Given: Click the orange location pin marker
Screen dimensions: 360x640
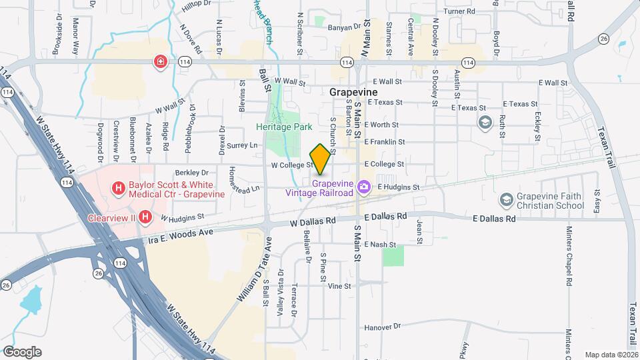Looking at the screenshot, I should click(x=321, y=159).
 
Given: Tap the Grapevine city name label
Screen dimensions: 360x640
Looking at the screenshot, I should click(x=353, y=92).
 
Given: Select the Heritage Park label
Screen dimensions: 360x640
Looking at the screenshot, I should click(x=284, y=126).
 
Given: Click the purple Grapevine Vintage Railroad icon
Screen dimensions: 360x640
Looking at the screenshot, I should click(x=364, y=188).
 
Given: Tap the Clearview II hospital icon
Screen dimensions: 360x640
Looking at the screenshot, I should click(x=144, y=217).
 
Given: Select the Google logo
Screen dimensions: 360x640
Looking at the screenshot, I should click(x=22, y=351).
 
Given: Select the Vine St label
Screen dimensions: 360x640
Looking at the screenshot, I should click(x=339, y=286).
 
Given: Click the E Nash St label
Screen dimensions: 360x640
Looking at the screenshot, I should click(x=380, y=245).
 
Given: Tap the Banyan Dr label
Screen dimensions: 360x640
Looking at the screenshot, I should click(x=344, y=27).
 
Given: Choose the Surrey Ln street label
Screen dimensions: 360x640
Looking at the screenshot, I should click(x=242, y=145).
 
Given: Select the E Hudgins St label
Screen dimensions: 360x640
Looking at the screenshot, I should click(x=398, y=188).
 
